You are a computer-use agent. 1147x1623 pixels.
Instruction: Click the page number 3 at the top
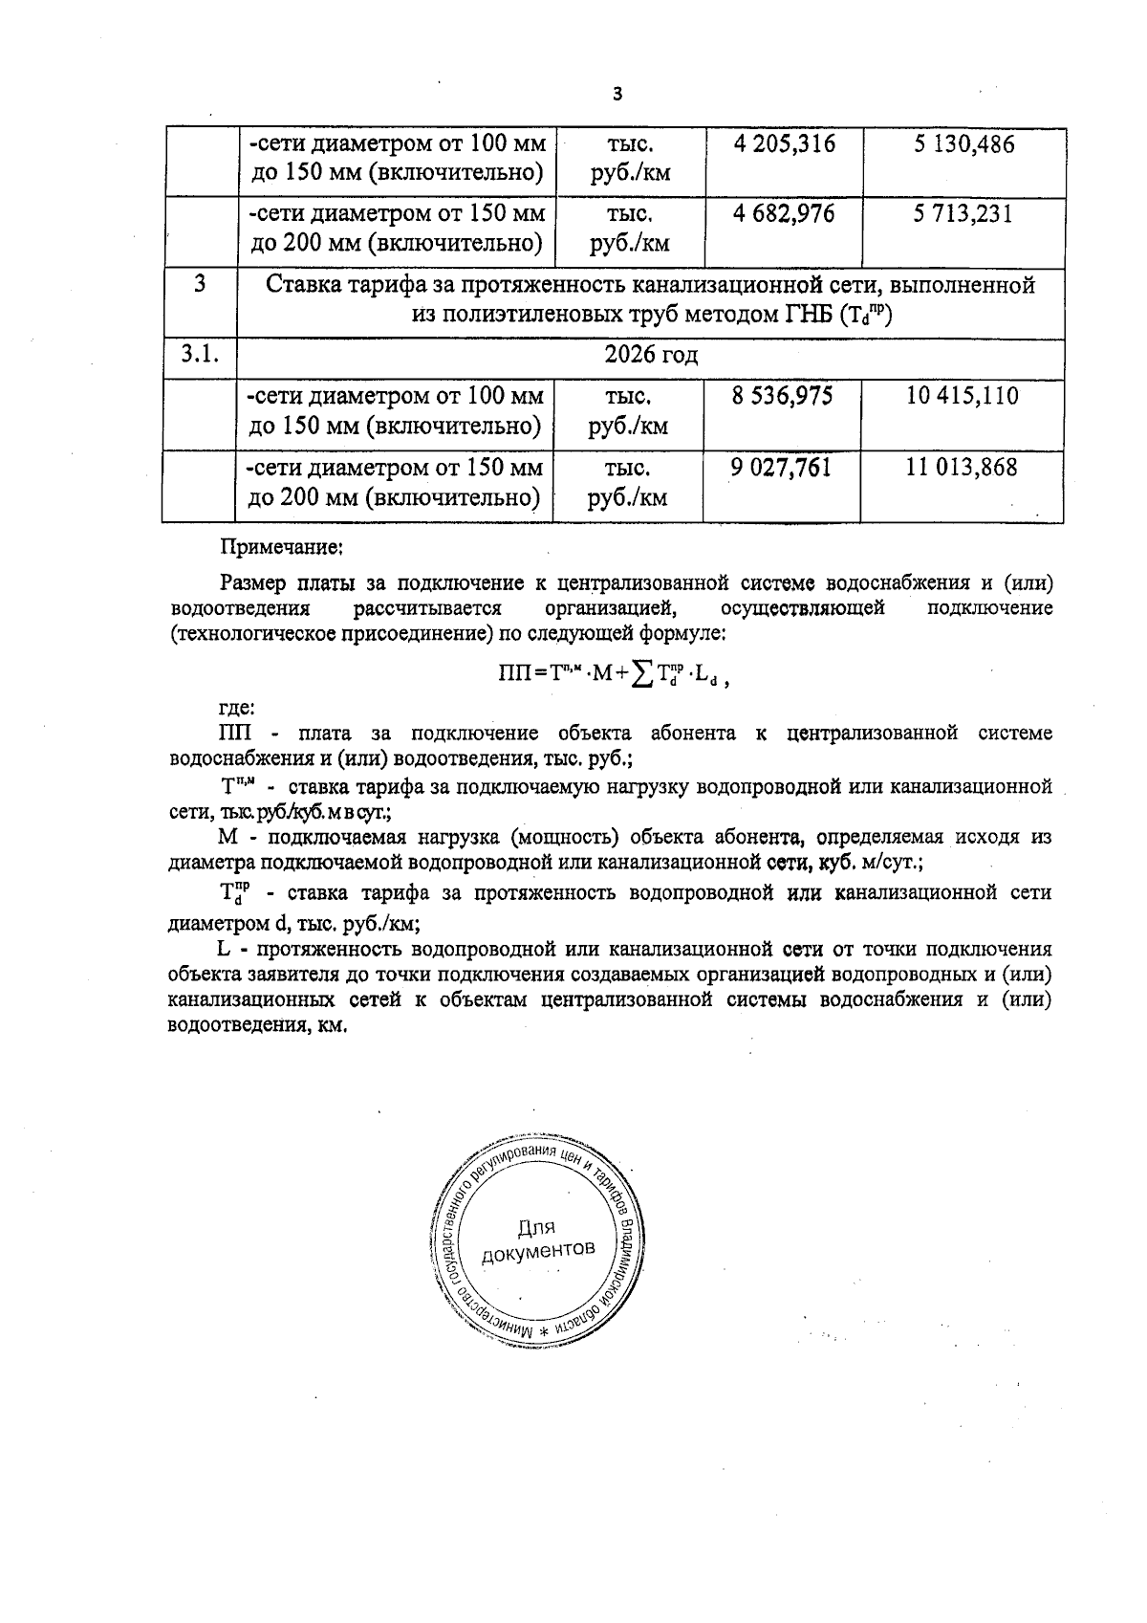point(616,94)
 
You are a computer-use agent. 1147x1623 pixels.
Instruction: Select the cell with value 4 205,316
point(784,144)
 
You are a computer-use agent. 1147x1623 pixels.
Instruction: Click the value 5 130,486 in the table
point(963,145)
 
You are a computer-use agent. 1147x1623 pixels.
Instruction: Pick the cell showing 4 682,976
point(784,213)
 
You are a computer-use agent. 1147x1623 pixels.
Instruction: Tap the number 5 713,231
point(962,213)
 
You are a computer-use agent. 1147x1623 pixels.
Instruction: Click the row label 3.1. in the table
point(200,355)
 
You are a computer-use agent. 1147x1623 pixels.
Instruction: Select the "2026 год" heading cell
point(651,356)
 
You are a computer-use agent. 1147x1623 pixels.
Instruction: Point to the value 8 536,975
point(782,396)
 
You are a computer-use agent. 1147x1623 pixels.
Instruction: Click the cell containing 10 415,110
point(962,396)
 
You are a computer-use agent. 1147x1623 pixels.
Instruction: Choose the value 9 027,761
point(781,468)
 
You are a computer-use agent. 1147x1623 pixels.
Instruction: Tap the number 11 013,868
point(962,468)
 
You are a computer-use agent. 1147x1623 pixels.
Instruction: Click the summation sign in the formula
point(642,673)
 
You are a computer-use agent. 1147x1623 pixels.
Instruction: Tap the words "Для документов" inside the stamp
point(538,1239)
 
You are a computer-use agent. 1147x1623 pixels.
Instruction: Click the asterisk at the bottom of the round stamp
point(544,1331)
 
